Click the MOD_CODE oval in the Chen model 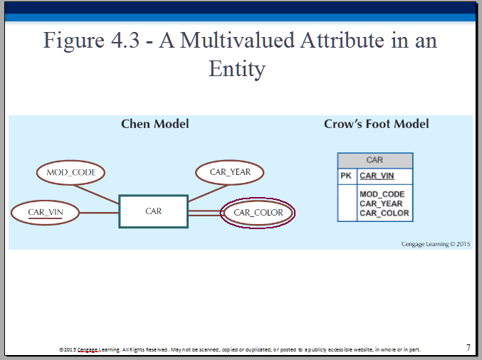pyautogui.click(x=70, y=172)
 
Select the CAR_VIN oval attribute pyautogui.click(x=45, y=213)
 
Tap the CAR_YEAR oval pyautogui.click(x=230, y=172)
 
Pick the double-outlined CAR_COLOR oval pyautogui.click(x=258, y=213)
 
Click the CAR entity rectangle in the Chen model pyautogui.click(x=153, y=211)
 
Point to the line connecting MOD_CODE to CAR pyautogui.click(x=96, y=194)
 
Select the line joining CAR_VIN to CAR pyautogui.click(x=99, y=213)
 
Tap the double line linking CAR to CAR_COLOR pyautogui.click(x=204, y=213)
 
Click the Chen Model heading pyautogui.click(x=155, y=124)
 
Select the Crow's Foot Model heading pyautogui.click(x=376, y=124)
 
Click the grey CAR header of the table pyautogui.click(x=375, y=160)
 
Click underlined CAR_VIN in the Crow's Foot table pyautogui.click(x=377, y=176)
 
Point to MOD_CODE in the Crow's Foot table pyautogui.click(x=382, y=194)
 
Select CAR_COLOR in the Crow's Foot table pyautogui.click(x=384, y=213)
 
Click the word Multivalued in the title pyautogui.click(x=237, y=41)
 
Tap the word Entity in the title pyautogui.click(x=237, y=69)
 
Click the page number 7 pyautogui.click(x=468, y=347)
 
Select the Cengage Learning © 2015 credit pyautogui.click(x=436, y=244)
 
